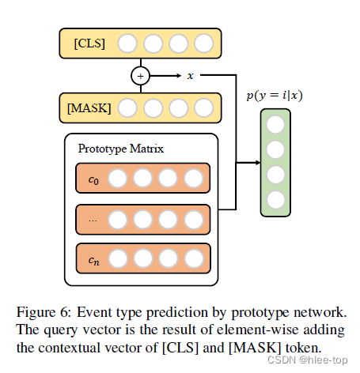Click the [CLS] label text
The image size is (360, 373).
tap(89, 43)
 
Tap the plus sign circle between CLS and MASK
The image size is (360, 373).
tap(142, 75)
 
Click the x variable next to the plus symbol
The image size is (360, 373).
tap(190, 76)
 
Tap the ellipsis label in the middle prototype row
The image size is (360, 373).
tap(92, 219)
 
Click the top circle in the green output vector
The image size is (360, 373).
tap(276, 125)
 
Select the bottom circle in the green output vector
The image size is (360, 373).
tap(276, 199)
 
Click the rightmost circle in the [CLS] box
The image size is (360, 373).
tap(203, 43)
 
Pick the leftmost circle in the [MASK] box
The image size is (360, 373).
tap(127, 107)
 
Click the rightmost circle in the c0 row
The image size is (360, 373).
tap(192, 179)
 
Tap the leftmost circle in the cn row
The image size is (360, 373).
tap(118, 258)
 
